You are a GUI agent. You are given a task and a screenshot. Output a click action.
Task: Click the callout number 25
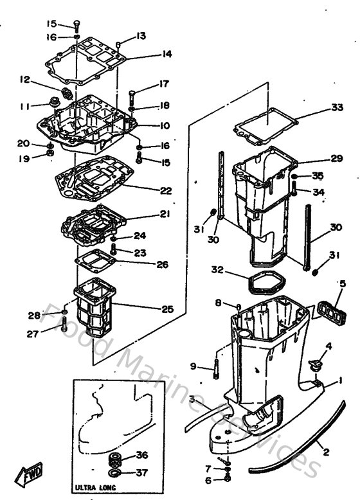click(x=167, y=309)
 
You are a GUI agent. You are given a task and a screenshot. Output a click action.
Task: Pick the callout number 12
click(x=24, y=80)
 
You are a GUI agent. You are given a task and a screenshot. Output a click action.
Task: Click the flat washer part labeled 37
click(x=116, y=473)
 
